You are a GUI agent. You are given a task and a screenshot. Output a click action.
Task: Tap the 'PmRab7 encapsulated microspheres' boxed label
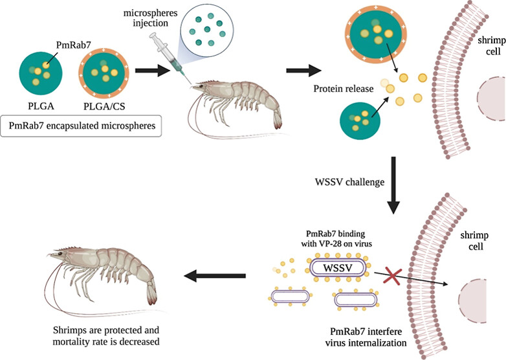coord(85,126)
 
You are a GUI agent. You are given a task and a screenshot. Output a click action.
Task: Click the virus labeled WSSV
coord(331,266)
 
